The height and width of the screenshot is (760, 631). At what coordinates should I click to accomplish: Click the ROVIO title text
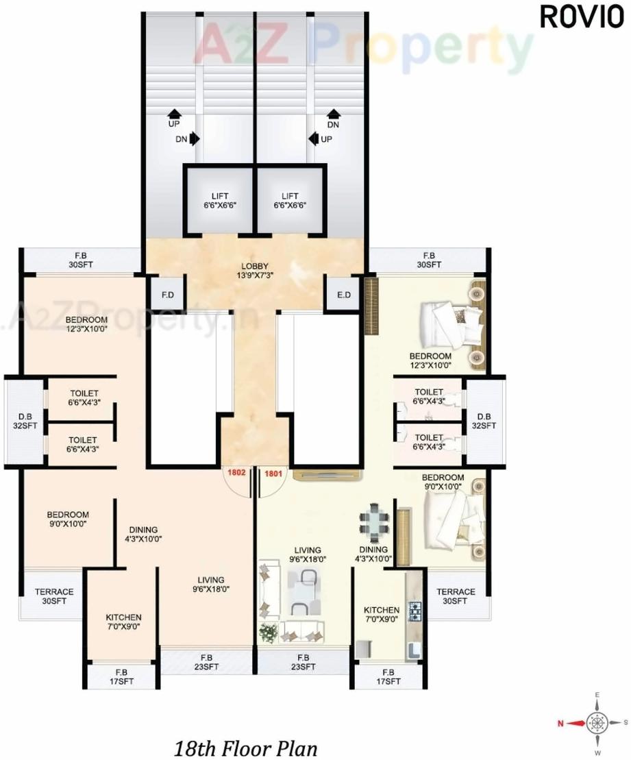[582, 17]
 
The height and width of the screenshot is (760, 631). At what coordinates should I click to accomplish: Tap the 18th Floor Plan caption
[245, 746]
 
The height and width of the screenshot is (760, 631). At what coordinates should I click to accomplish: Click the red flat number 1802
[236, 472]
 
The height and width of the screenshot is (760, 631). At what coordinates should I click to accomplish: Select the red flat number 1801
[273, 472]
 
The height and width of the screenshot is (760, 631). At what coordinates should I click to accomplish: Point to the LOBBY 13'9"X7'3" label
[254, 271]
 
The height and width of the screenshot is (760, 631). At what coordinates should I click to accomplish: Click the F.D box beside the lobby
[166, 296]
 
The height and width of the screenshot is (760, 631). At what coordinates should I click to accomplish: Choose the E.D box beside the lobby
[344, 296]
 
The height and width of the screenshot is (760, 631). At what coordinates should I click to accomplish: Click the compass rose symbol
[597, 722]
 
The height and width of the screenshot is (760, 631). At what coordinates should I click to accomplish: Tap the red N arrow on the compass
[569, 722]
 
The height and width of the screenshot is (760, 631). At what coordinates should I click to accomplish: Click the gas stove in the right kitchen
[415, 611]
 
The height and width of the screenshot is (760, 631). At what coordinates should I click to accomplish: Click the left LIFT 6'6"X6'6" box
[220, 200]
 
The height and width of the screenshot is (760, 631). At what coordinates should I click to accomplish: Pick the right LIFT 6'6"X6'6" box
[289, 200]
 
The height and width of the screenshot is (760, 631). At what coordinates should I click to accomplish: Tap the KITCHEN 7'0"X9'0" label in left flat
[123, 622]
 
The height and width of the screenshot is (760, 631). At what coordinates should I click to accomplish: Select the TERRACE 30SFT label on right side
[456, 596]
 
